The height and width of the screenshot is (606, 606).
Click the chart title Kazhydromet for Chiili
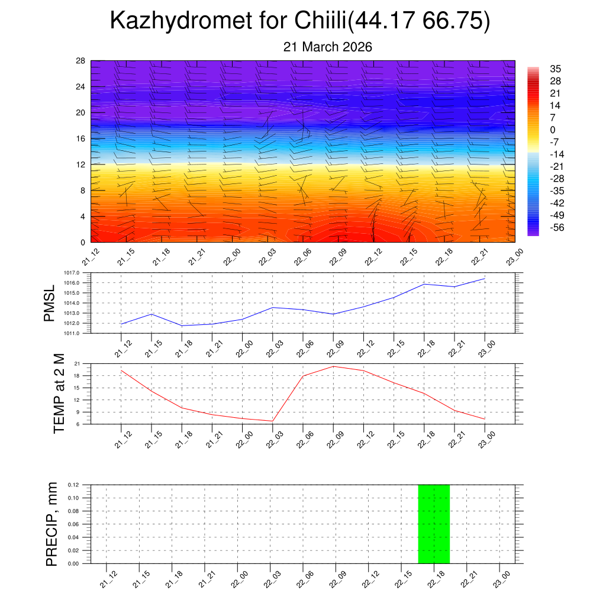pos(300,21)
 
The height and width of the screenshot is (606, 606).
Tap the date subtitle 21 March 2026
pos(328,47)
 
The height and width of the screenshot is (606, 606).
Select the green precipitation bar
pos(434,524)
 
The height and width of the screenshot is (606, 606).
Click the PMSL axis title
pos(49,303)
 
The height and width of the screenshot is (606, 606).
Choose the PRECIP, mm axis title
pos(52,524)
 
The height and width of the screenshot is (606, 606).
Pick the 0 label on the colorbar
pos(553,130)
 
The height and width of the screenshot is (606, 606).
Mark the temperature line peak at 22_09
pos(333,366)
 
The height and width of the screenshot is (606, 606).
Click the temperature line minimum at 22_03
pos(272,421)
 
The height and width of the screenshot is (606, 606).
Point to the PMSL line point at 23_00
pos(485,279)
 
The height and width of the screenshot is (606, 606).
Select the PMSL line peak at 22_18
pos(424,284)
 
